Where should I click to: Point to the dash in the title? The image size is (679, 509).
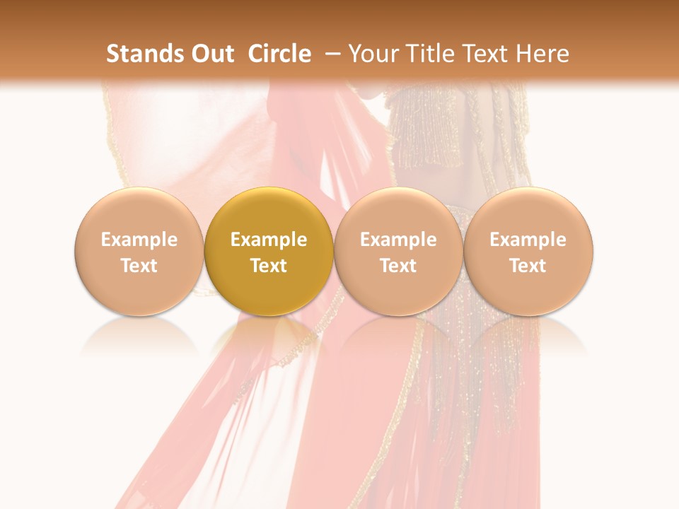[332, 54]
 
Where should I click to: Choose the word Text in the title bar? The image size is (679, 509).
[477, 54]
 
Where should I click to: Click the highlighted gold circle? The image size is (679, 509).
[269, 212]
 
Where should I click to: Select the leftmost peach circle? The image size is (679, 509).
[139, 212]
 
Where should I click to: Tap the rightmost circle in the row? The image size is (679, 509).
[528, 212]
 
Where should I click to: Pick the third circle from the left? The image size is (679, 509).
[398, 212]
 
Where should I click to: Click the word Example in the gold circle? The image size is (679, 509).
[269, 240]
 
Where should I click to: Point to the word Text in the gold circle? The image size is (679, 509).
[269, 266]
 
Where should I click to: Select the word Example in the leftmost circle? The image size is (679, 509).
[139, 240]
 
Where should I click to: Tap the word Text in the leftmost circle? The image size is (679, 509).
[139, 266]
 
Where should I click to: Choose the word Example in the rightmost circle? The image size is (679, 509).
[528, 240]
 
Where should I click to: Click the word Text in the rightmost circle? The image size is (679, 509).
[528, 266]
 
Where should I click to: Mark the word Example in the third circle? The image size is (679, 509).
[398, 240]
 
